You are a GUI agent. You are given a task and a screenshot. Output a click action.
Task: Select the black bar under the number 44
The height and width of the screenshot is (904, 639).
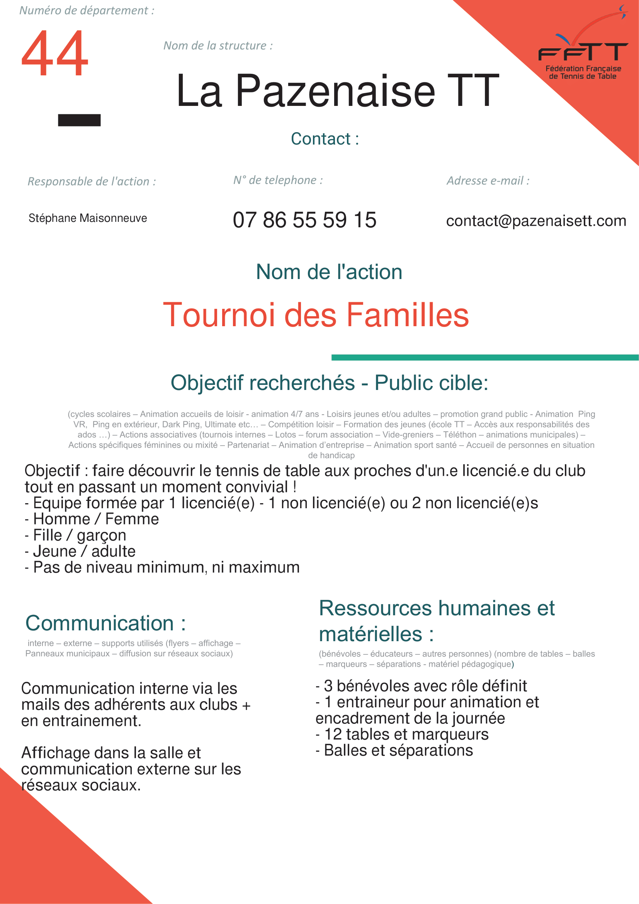coord(79,120)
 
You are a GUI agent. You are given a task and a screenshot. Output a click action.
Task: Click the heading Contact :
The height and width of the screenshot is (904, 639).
coord(325,139)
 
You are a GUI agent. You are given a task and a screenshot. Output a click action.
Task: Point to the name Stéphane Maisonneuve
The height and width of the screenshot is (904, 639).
coord(88,218)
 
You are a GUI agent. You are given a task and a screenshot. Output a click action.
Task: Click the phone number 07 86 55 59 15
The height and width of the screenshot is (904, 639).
coord(304,220)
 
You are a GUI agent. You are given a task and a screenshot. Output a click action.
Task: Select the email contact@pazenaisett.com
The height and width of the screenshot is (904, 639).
coord(536,221)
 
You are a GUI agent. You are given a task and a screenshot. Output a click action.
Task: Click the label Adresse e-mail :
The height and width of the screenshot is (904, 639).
coord(488,181)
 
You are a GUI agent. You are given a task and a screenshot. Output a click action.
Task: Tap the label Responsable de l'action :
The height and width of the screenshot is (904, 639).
coord(92,182)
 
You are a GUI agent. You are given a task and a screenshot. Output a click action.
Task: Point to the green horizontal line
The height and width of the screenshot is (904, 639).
coord(485,358)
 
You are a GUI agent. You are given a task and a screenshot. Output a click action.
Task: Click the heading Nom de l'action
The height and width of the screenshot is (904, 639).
coord(329,272)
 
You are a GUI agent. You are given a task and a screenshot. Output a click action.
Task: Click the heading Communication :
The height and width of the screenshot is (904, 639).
coord(105,623)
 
